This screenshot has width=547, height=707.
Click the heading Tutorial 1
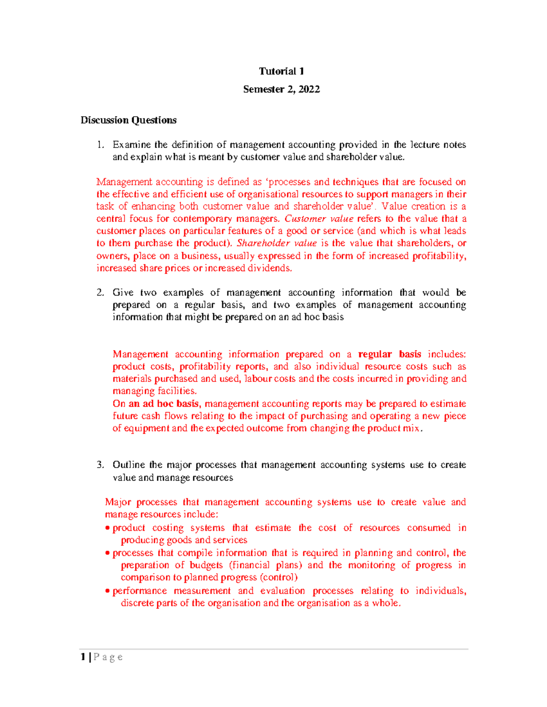(x=281, y=71)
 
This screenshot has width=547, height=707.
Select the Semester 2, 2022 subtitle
(x=281, y=89)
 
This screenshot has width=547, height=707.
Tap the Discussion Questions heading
(x=129, y=120)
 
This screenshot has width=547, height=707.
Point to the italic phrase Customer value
(x=319, y=219)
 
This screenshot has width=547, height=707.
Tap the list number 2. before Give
(x=100, y=293)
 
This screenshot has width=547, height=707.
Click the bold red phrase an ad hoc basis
(x=164, y=404)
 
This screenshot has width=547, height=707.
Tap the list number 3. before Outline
(x=100, y=465)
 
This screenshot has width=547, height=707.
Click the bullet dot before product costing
(x=108, y=528)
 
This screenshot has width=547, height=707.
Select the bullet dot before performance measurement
(x=108, y=591)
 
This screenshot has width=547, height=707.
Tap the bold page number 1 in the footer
(x=83, y=657)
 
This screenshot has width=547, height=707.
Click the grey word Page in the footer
(x=108, y=657)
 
